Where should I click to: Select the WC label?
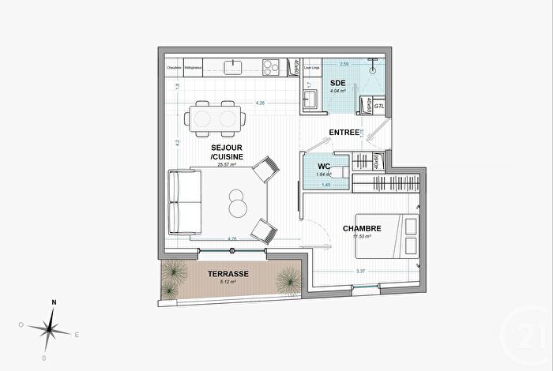coord(323,166)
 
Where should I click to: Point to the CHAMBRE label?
coord(363,229)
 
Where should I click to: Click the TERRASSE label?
coord(228,274)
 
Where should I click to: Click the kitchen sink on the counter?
coord(235,67)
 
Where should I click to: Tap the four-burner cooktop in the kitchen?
coord(270,67)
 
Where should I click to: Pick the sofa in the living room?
coord(182,204)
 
